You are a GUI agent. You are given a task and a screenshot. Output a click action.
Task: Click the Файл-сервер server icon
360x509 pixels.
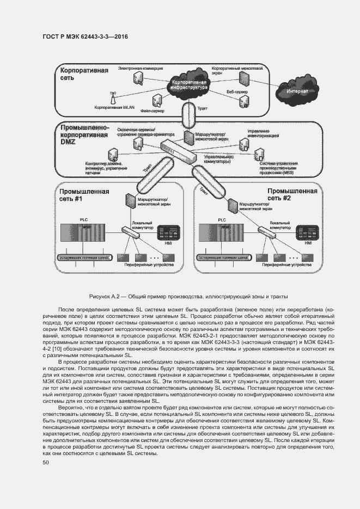tap(157, 100)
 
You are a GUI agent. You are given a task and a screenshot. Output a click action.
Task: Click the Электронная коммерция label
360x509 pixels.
tap(141, 69)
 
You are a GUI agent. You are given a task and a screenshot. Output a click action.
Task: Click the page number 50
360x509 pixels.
tap(46, 462)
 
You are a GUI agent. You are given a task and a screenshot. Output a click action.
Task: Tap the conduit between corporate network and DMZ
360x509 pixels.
tap(189, 115)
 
